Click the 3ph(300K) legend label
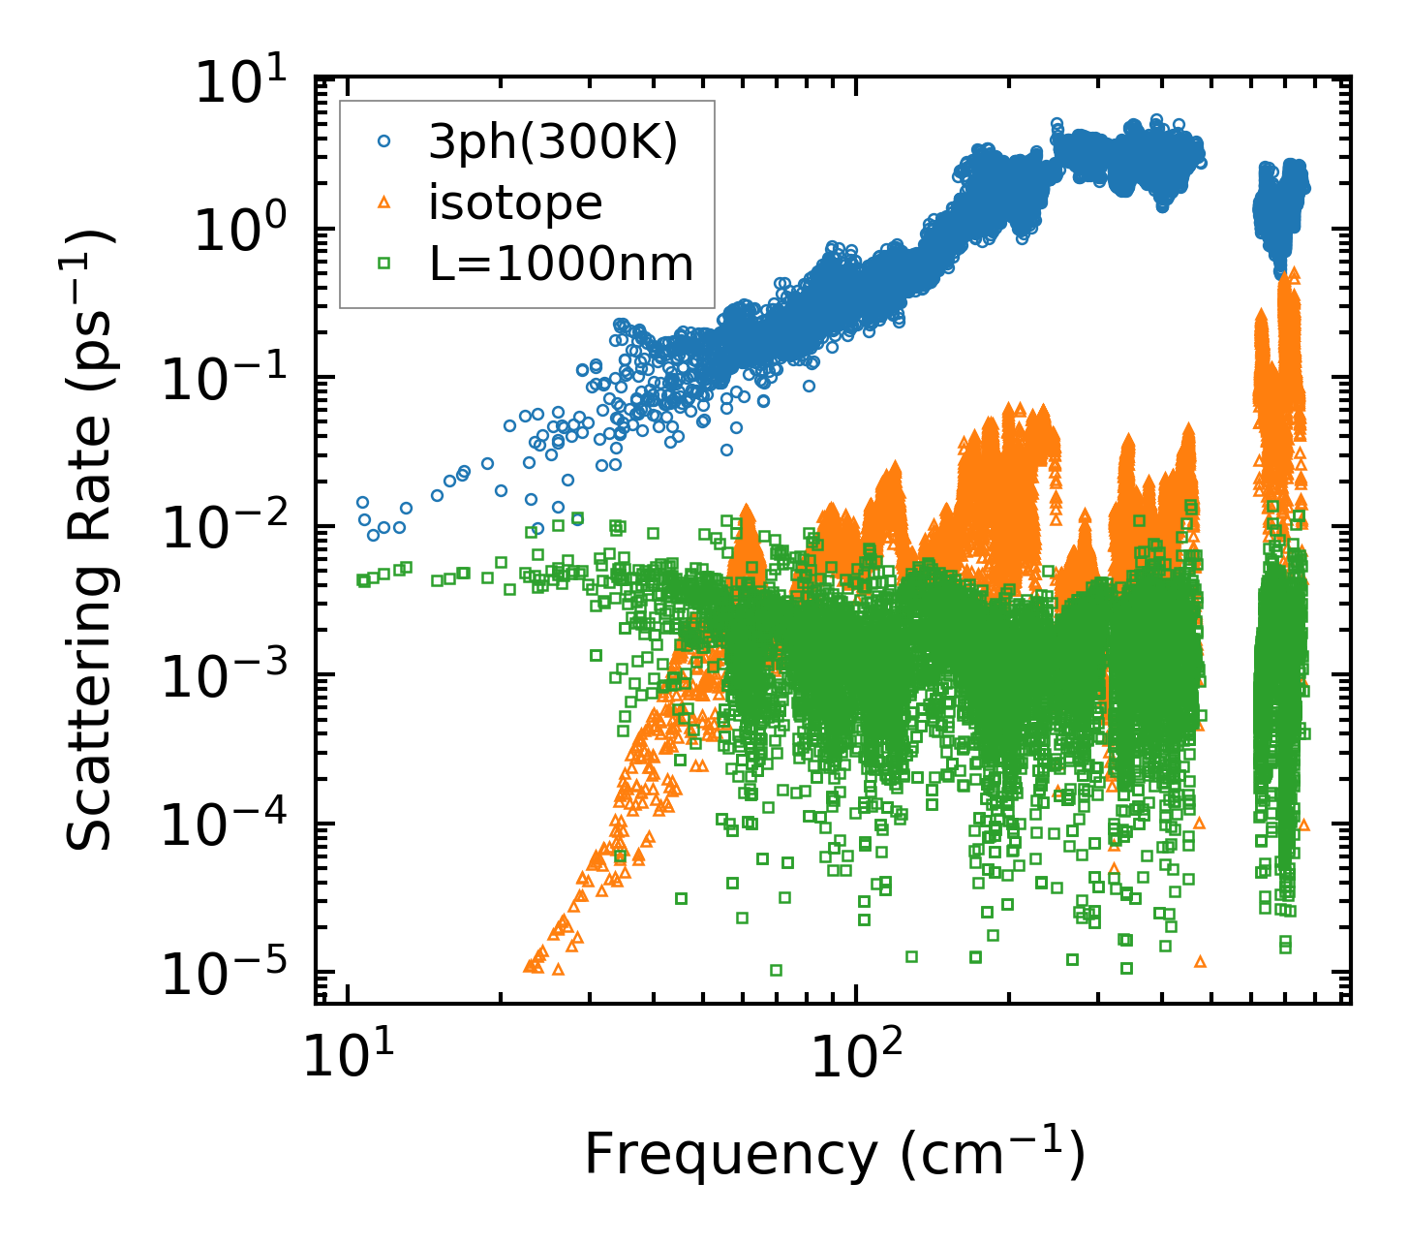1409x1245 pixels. (x=553, y=143)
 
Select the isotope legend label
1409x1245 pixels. (x=515, y=202)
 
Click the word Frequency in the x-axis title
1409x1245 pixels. (x=730, y=1155)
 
